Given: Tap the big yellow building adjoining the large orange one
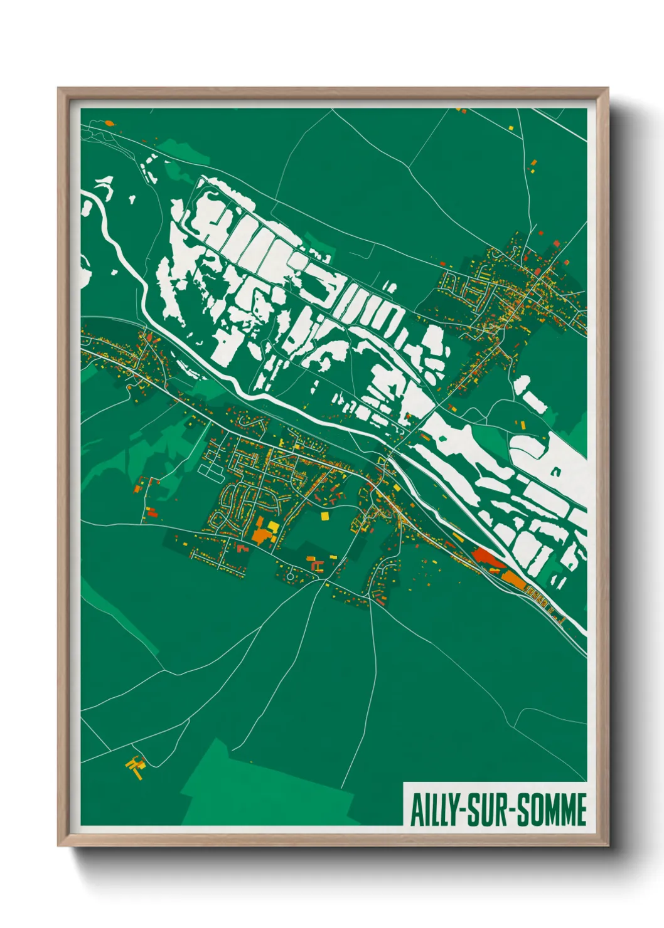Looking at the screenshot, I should (273, 526).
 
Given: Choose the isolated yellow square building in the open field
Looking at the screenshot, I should (324, 516).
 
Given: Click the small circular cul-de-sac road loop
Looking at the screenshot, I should (291, 575).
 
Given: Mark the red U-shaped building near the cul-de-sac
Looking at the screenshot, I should (318, 566).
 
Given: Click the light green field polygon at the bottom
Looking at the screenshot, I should (264, 790).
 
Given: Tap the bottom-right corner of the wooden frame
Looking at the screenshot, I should (608, 845).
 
